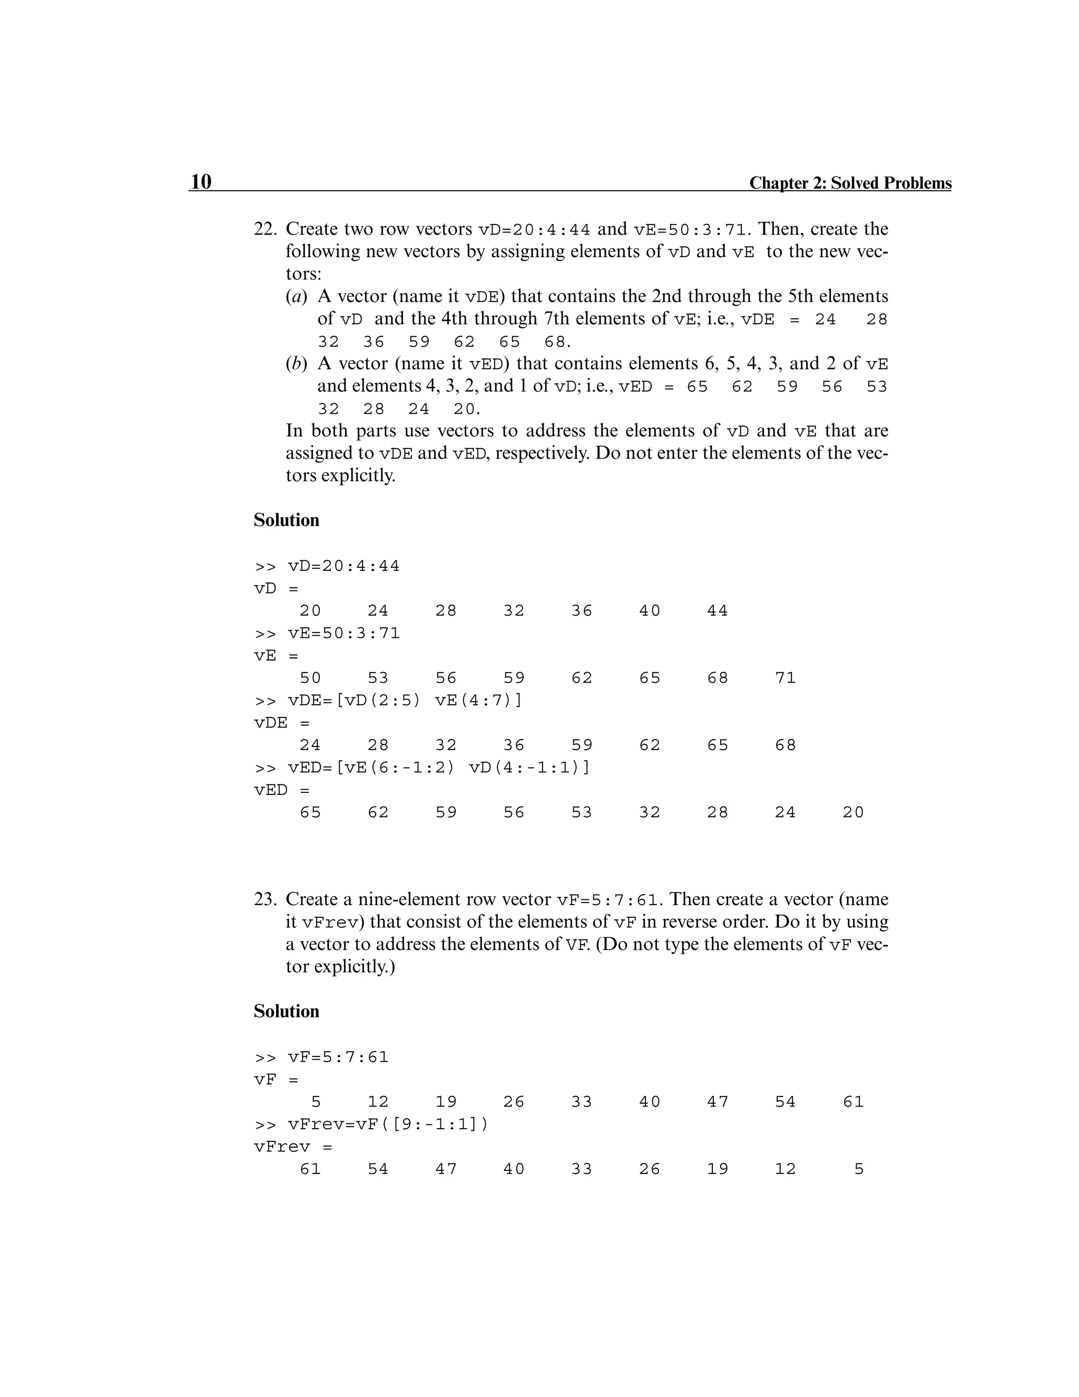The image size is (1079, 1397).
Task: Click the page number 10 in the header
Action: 201,182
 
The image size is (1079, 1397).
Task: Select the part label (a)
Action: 297,296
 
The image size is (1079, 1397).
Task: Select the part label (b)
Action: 297,363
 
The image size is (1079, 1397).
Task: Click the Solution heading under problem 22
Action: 287,520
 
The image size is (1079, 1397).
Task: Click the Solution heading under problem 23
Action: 287,1011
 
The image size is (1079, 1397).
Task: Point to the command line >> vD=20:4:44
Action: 327,566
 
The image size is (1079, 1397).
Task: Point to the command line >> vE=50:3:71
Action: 327,633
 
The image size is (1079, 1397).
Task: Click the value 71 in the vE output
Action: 786,678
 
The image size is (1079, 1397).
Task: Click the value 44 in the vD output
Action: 717,611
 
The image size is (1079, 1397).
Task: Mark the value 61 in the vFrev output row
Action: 311,1169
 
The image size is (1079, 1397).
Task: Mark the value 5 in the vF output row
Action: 316,1102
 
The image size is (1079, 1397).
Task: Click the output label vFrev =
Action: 293,1147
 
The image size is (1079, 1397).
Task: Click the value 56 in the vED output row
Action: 514,812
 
